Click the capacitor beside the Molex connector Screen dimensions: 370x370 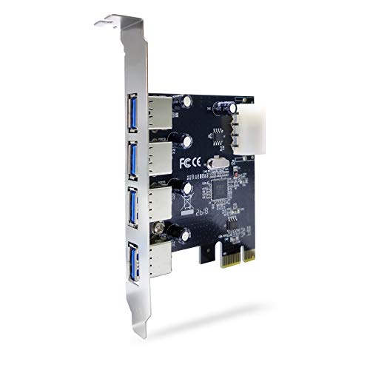click(x=221, y=109)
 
